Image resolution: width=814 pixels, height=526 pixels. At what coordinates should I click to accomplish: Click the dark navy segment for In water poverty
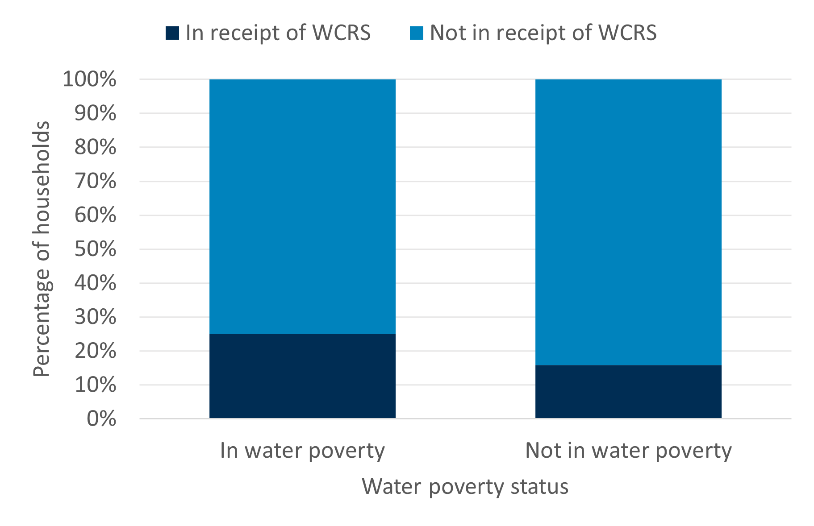click(302, 376)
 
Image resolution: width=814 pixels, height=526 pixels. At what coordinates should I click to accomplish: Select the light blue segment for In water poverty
click(302, 206)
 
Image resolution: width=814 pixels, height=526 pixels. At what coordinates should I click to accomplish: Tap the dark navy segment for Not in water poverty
click(628, 391)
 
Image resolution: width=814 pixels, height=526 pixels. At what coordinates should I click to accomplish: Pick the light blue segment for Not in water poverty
click(628, 222)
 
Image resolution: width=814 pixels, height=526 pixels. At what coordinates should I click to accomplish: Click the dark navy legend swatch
click(172, 33)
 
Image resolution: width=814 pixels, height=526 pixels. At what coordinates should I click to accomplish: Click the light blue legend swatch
click(416, 33)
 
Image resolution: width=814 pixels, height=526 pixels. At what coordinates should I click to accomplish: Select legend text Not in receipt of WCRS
click(543, 33)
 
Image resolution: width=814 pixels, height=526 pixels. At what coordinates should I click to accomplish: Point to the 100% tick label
click(89, 79)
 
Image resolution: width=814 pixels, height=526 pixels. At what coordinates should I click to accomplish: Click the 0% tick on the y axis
click(101, 419)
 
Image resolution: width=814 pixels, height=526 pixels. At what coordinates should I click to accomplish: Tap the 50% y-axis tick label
click(95, 249)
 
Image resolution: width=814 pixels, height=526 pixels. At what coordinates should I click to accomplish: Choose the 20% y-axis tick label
click(95, 351)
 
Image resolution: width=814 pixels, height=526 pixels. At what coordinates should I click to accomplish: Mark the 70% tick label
click(95, 181)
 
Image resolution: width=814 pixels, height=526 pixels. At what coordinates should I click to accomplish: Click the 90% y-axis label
click(95, 113)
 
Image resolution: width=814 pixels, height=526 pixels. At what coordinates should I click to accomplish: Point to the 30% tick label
click(95, 317)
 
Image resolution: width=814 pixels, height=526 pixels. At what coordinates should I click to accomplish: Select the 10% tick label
click(95, 385)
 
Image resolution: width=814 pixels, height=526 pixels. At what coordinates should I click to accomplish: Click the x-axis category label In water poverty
click(302, 451)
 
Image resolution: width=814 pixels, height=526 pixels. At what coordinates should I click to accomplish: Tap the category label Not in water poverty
click(628, 451)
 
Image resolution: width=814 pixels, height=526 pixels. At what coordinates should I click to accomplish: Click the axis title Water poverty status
click(465, 486)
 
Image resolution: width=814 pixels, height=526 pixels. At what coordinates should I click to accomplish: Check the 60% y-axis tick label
click(95, 215)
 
